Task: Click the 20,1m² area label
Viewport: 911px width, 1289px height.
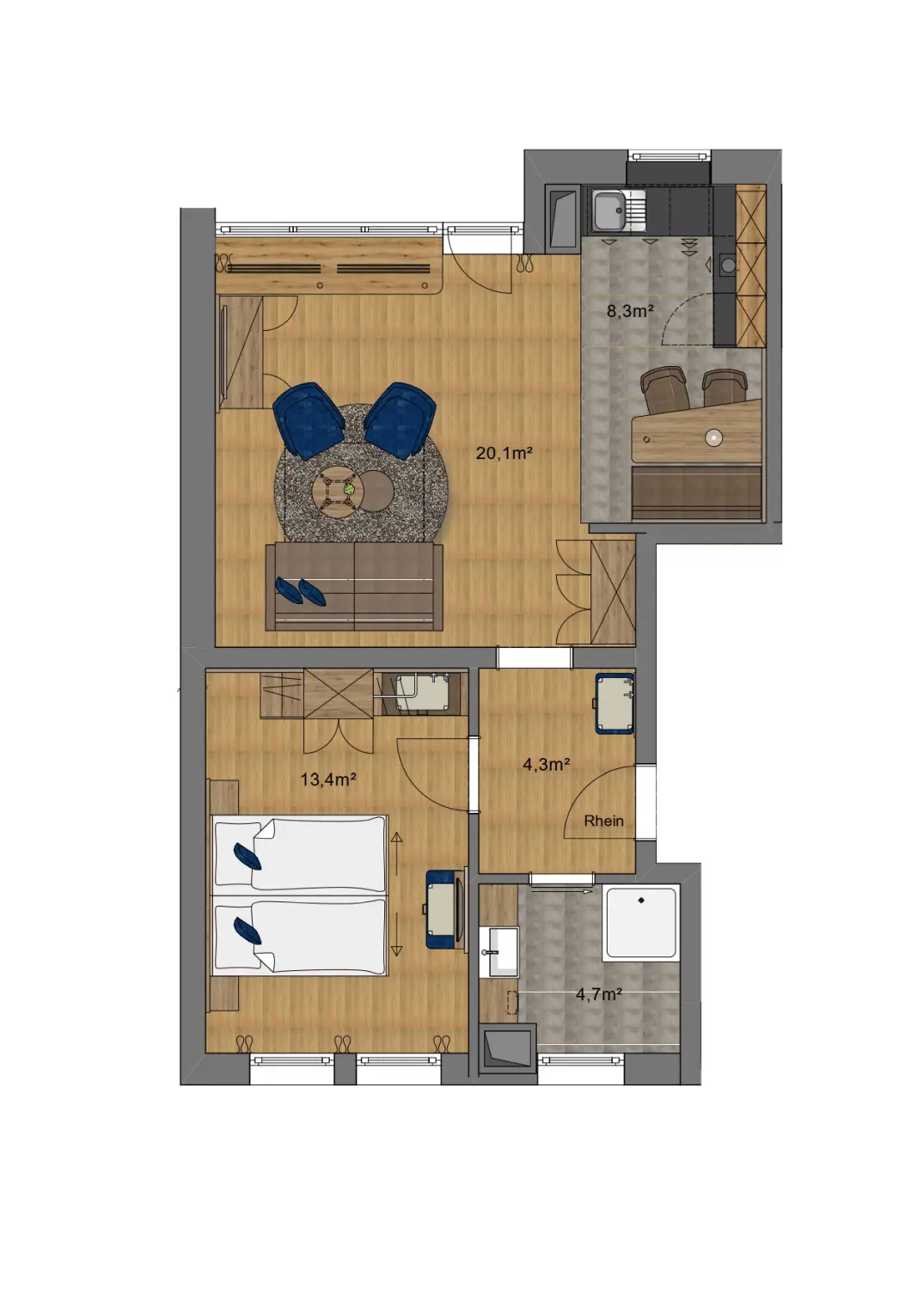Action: pos(504,453)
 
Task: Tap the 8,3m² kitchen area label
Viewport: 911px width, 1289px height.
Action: pos(630,311)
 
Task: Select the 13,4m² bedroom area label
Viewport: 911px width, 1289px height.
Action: pos(327,779)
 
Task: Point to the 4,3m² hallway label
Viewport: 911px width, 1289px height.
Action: pos(547,764)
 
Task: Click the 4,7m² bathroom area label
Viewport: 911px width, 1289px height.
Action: pos(598,994)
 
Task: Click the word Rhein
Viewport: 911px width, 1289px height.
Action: pos(603,821)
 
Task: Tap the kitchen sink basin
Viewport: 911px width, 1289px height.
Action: pos(609,210)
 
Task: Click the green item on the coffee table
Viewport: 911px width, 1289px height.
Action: pos(350,489)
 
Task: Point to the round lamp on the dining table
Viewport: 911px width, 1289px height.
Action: pos(713,437)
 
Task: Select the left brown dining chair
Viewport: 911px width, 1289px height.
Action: pos(664,388)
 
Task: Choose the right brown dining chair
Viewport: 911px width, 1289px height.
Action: pos(725,388)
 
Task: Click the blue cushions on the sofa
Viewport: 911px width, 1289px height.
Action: pos(300,590)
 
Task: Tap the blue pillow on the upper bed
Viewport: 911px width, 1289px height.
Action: pos(248,856)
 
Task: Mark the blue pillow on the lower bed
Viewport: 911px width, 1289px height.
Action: pos(248,931)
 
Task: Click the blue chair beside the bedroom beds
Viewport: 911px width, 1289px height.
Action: pos(443,909)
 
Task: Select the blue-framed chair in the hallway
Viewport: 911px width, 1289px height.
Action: pos(615,704)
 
